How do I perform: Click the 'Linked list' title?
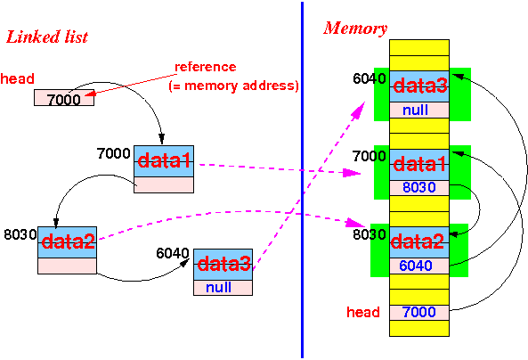pyautogui.click(x=47, y=37)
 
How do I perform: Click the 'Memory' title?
pyautogui.click(x=355, y=29)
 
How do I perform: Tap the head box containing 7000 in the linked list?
pyautogui.click(x=64, y=98)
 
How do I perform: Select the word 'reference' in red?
pyautogui.click(x=206, y=67)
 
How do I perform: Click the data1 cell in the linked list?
pyautogui.click(x=164, y=161)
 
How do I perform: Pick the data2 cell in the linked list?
pyautogui.click(x=68, y=242)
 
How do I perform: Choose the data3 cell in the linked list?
pyautogui.click(x=223, y=265)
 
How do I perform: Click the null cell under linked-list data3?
pyautogui.click(x=223, y=288)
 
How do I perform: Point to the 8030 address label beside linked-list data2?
pyautogui.click(x=20, y=234)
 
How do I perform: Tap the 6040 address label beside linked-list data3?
pyautogui.click(x=173, y=253)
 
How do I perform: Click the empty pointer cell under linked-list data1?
pyautogui.click(x=164, y=184)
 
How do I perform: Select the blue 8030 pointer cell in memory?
pyautogui.click(x=419, y=187)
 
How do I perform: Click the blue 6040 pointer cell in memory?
pyautogui.click(x=419, y=266)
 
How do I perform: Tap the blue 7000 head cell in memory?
pyautogui.click(x=419, y=312)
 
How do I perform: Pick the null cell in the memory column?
pyautogui.click(x=419, y=110)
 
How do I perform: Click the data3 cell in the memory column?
pyautogui.click(x=419, y=86)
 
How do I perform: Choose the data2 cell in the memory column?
pyautogui.click(x=419, y=242)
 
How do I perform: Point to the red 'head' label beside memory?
pyautogui.click(x=363, y=312)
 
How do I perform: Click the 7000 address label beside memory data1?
pyautogui.click(x=369, y=157)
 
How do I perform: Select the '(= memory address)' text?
pyautogui.click(x=233, y=86)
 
